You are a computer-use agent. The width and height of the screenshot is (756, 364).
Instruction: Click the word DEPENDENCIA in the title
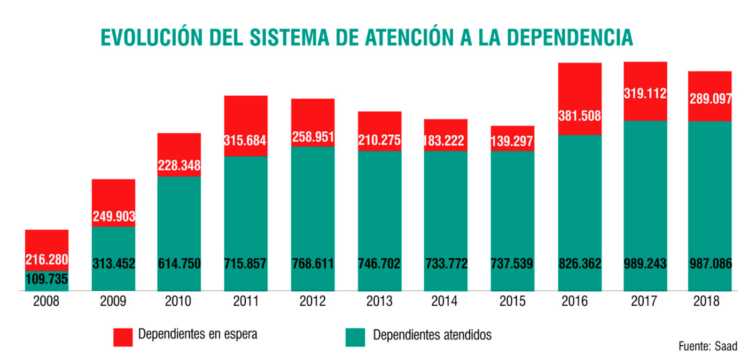(569, 38)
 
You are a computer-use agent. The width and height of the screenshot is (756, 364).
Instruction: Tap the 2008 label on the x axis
(46, 301)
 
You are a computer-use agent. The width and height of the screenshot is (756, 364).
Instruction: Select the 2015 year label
(512, 301)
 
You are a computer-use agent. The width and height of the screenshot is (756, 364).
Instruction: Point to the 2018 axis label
(706, 301)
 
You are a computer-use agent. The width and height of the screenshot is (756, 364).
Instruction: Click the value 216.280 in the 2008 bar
(47, 259)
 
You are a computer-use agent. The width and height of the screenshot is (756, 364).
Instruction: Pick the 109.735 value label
(47, 279)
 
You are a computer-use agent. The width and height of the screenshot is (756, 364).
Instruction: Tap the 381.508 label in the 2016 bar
(579, 116)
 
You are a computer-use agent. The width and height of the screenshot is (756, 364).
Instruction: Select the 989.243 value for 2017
(645, 263)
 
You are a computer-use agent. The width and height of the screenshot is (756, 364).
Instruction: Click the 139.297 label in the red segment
(512, 141)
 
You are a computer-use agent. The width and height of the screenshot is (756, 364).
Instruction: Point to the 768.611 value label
(312, 263)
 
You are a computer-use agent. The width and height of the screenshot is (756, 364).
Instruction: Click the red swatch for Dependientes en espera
(123, 337)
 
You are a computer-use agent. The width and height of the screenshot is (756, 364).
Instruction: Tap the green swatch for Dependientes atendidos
(355, 337)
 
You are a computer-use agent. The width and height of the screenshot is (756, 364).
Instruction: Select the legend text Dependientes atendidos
(432, 335)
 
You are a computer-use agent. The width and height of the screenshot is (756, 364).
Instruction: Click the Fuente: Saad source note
(708, 346)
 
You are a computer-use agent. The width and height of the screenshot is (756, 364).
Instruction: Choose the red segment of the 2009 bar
(113, 195)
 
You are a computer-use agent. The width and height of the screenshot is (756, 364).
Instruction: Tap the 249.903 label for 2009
(114, 216)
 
